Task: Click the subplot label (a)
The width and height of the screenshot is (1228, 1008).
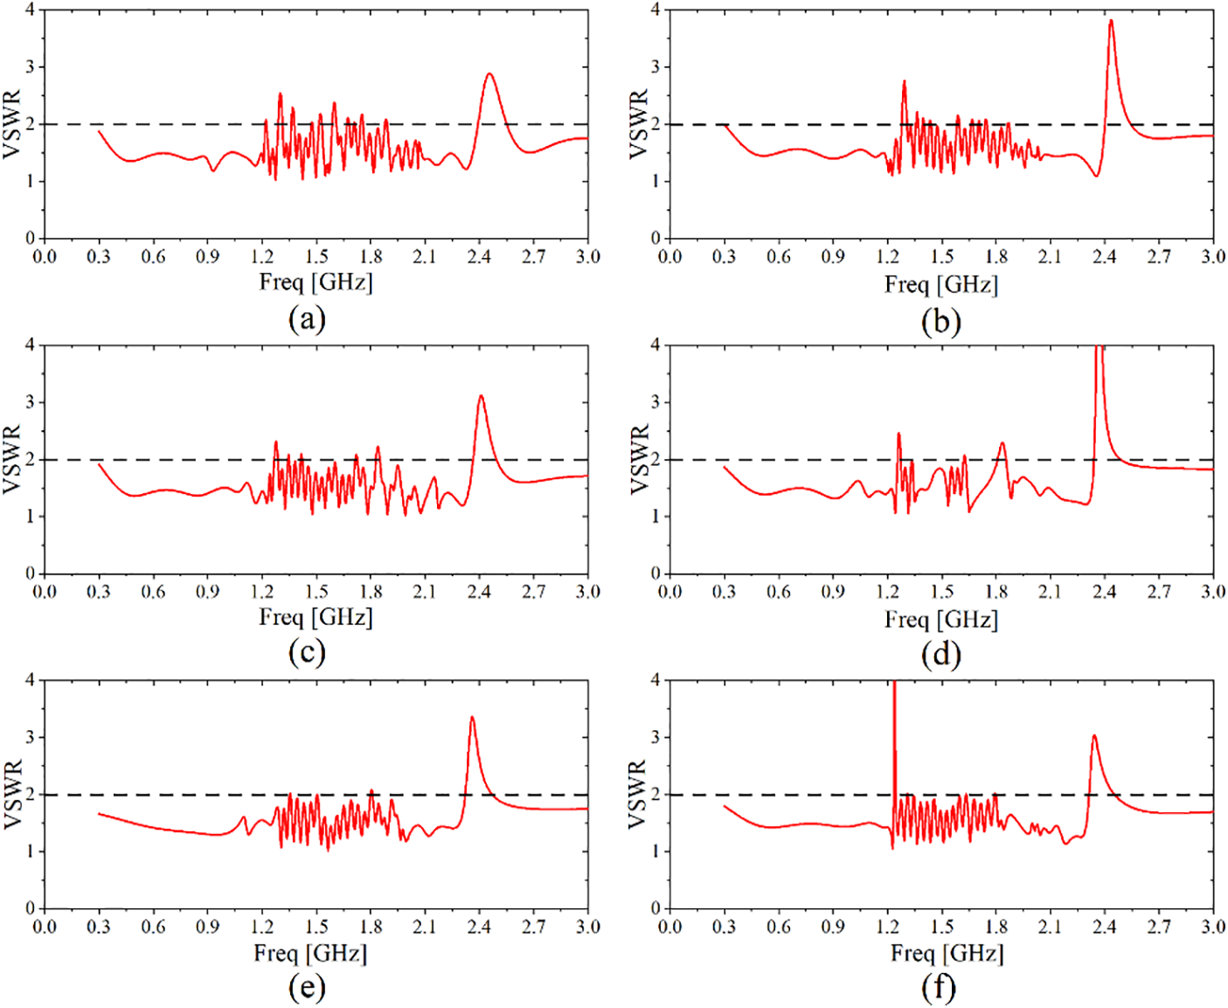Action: click(x=307, y=319)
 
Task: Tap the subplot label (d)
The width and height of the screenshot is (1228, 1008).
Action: click(x=940, y=655)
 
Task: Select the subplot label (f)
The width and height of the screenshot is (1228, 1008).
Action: click(x=939, y=988)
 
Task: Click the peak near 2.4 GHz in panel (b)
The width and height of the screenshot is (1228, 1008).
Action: click(x=1111, y=20)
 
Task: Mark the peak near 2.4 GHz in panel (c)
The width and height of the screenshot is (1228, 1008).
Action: click(x=481, y=396)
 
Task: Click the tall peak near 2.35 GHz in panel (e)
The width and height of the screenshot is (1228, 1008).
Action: click(x=472, y=718)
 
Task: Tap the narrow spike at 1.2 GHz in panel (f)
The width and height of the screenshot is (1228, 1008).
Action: click(x=894, y=691)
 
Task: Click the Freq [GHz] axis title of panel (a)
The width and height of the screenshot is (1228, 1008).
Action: click(x=316, y=282)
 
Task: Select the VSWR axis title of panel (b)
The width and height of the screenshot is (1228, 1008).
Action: click(x=639, y=124)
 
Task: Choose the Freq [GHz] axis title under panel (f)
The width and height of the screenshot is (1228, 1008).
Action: click(x=947, y=952)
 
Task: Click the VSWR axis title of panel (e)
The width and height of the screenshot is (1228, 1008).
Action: click(x=13, y=795)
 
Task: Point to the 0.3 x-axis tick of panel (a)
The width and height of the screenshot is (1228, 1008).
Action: click(x=99, y=256)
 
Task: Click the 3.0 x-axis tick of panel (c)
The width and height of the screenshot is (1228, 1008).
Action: click(x=587, y=592)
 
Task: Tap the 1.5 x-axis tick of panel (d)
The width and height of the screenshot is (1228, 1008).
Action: click(x=941, y=592)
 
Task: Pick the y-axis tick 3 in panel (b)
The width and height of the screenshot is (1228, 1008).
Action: click(x=655, y=67)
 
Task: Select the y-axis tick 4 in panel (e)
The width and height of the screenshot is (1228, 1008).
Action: click(x=30, y=680)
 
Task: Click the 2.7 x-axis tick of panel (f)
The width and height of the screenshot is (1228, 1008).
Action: click(x=1159, y=927)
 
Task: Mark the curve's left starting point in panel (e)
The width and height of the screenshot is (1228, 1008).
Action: click(x=99, y=814)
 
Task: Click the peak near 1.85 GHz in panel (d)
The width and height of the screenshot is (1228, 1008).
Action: click(x=1002, y=443)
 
